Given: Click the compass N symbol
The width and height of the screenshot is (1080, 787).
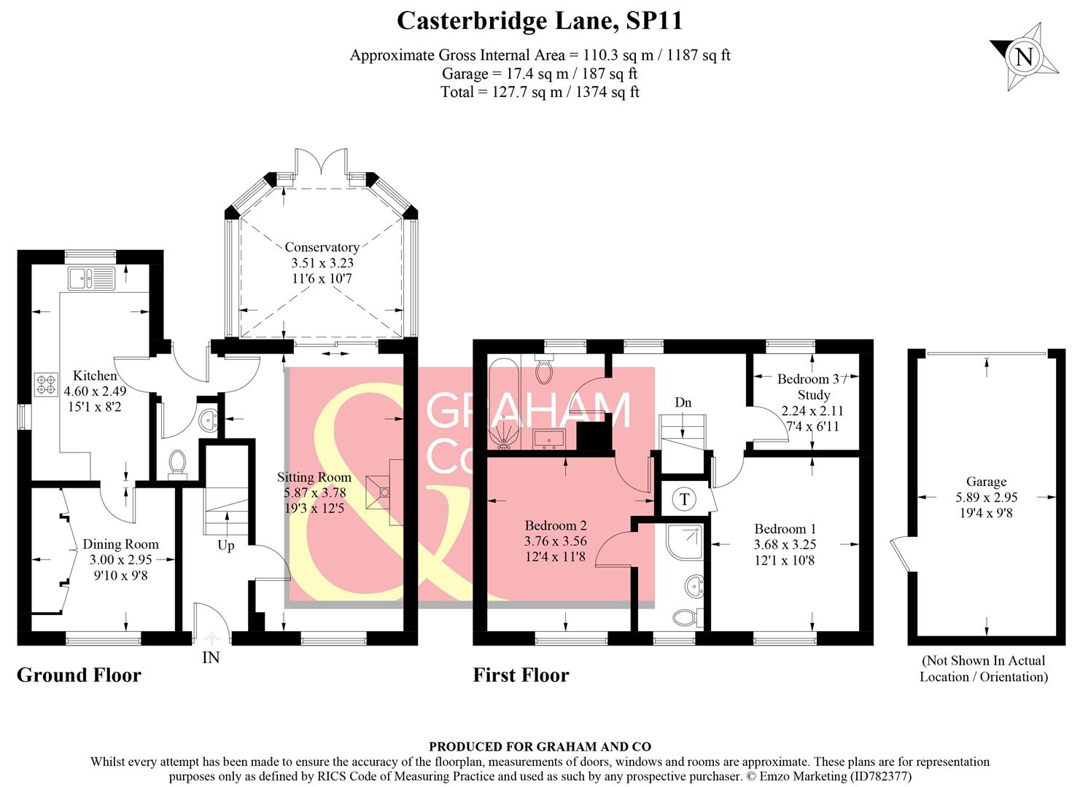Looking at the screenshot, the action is coord(1025,57).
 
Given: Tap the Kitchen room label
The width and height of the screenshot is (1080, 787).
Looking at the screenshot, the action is coord(95,376).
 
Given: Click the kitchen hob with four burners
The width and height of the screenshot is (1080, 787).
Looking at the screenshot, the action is coord(46,384).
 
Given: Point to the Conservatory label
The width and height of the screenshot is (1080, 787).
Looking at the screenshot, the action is coord(322,248).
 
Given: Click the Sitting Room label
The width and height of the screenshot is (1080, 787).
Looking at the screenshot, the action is coord(314,477).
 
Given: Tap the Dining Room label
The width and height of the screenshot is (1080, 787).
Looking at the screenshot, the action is coord(120,544).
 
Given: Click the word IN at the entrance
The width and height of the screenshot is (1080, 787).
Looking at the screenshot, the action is coord(211,657).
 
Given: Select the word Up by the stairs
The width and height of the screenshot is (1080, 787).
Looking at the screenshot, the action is coord(226,545).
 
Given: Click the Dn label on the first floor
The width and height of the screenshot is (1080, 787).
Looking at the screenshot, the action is coord(683,402).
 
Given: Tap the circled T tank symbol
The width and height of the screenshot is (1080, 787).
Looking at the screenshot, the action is coord(684,499).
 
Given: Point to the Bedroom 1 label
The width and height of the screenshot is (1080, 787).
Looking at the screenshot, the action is coord(785,529).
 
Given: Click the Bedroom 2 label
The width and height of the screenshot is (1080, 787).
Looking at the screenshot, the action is coord(556,525).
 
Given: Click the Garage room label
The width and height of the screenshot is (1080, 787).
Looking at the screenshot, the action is coord(986,482).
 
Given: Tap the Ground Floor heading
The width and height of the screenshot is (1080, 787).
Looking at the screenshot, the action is coord(79,675).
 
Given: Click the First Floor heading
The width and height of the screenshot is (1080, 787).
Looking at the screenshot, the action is coord(521,675).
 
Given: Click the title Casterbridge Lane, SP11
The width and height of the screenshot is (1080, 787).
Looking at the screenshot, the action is coord(540,20).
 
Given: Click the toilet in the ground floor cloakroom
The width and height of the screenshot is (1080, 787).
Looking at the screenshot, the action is coord(177,464).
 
